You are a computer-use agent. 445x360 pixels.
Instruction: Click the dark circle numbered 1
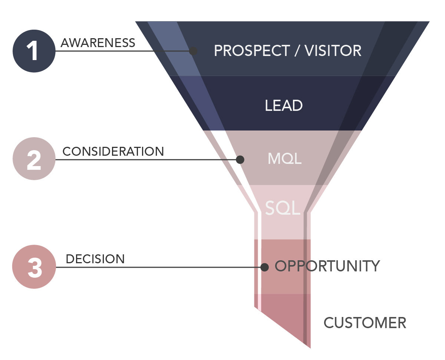(x=34, y=51)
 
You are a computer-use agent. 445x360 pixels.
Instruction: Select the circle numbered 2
(x=34, y=159)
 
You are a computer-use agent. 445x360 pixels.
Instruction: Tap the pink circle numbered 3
(x=34, y=267)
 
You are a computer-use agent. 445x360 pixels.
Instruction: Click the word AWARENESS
(x=98, y=43)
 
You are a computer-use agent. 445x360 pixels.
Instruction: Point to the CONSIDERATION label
(x=113, y=151)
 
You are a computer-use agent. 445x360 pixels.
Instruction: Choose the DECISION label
(x=95, y=259)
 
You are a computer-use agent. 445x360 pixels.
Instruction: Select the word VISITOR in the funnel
(x=333, y=51)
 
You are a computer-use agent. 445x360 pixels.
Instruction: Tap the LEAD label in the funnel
(x=284, y=106)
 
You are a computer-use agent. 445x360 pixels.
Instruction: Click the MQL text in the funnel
(x=284, y=159)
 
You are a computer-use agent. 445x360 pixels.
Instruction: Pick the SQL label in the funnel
(x=283, y=209)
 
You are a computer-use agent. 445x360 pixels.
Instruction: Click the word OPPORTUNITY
(x=327, y=266)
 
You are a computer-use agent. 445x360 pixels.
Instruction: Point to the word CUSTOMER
(x=365, y=323)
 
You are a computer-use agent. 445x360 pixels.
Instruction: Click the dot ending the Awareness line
(x=193, y=51)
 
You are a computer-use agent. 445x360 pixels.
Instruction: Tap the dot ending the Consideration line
(x=240, y=160)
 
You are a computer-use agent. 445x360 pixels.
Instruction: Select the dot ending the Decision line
(x=264, y=267)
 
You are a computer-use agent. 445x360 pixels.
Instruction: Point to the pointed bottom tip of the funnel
(x=310, y=347)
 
